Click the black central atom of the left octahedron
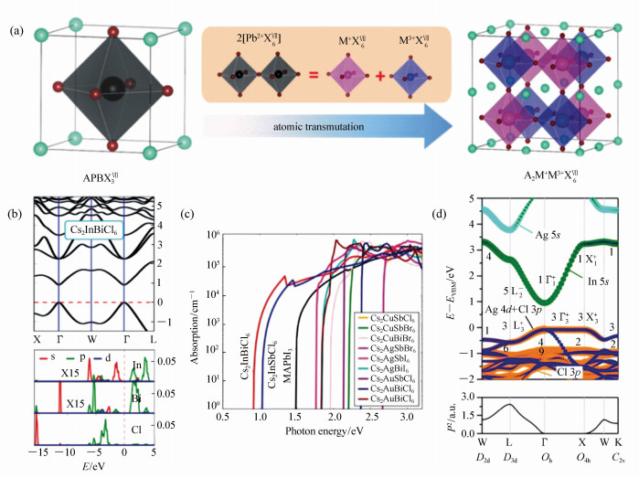point(111,87)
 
